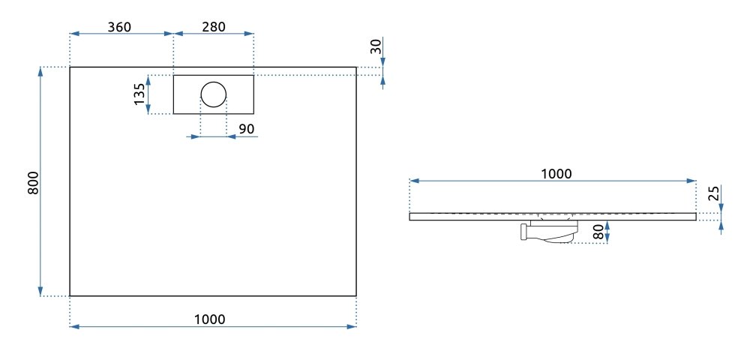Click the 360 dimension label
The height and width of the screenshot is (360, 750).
click(x=119, y=27)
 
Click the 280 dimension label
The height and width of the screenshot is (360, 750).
click(x=213, y=27)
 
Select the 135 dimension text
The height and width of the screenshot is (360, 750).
click(x=139, y=94)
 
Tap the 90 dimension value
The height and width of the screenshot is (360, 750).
click(x=246, y=128)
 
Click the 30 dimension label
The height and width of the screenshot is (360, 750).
click(x=376, y=46)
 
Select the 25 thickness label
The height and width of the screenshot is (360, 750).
click(x=714, y=193)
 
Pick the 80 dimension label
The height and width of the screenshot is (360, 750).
click(x=598, y=232)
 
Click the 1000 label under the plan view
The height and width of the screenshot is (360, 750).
click(x=210, y=319)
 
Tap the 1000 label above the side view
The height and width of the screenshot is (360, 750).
click(x=556, y=173)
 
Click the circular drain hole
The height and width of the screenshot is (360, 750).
click(x=213, y=94)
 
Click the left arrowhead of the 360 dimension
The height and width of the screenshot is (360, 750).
click(x=74, y=34)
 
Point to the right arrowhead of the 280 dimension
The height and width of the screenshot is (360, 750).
click(x=249, y=34)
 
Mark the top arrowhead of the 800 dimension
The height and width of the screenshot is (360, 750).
click(x=40, y=72)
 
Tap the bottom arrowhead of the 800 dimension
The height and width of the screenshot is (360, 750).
click(x=40, y=291)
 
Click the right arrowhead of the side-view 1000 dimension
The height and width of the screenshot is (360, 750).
click(x=691, y=181)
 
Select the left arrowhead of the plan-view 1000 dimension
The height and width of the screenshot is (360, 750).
click(x=74, y=326)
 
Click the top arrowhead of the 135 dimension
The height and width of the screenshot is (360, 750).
click(x=148, y=79)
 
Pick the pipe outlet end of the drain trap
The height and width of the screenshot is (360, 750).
click(x=523, y=232)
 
